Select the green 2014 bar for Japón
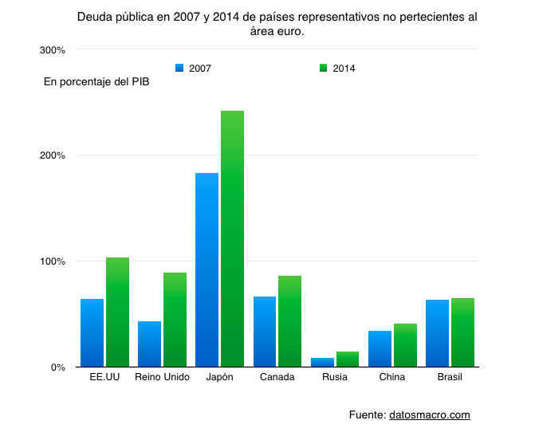[232, 239]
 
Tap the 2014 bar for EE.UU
[117, 312]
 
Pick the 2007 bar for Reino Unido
[149, 344]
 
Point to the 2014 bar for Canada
[289, 321]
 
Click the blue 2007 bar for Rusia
[322, 363]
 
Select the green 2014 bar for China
[405, 345]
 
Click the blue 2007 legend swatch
[179, 68]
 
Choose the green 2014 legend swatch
[323, 68]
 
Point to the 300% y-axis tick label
[53, 50]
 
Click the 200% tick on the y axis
[53, 155]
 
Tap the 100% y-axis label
[53, 261]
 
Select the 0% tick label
[57, 367]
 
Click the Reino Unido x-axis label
[163, 377]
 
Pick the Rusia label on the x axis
[335, 377]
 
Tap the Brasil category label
[450, 377]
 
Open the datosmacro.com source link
[430, 414]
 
